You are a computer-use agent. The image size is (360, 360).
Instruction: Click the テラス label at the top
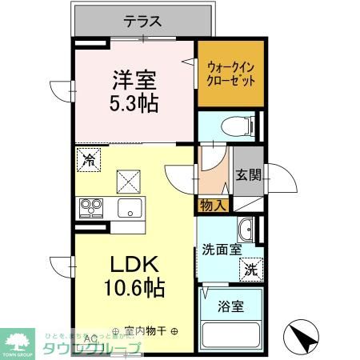142,22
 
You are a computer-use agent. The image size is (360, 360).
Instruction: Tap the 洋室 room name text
134,81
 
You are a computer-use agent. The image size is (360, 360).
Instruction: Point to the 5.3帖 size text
134,103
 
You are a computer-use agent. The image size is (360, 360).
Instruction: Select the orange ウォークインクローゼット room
230,74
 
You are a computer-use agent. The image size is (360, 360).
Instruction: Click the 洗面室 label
220,250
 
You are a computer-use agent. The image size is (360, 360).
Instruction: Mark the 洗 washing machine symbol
250,270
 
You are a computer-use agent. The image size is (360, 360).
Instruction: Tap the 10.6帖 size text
133,289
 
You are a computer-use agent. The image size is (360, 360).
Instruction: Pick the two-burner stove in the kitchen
90,208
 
